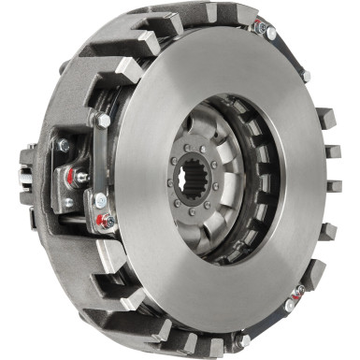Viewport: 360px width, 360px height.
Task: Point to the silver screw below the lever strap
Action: coord(100,199)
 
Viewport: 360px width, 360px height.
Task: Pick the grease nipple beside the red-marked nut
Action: coord(82,177)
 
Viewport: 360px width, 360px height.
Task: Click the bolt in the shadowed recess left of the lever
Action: coord(63,145)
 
